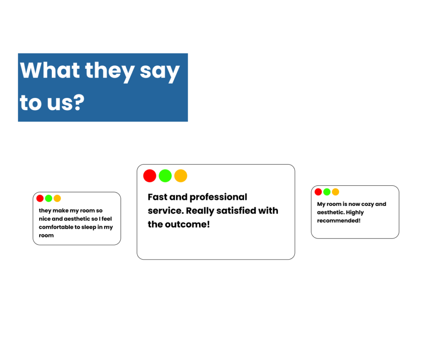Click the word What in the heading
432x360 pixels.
(50, 70)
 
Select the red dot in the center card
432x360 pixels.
(150, 176)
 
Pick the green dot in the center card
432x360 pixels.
(165, 176)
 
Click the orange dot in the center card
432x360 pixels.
(181, 176)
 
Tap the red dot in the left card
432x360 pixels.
(40, 198)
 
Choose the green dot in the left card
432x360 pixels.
(49, 198)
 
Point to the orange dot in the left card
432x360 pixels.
(57, 198)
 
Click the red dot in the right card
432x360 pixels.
(318, 192)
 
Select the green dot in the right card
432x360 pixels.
(327, 192)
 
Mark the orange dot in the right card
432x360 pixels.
(335, 192)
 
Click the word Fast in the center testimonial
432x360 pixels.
(158, 197)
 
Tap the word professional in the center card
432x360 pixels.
(219, 198)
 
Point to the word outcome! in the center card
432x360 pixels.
(187, 225)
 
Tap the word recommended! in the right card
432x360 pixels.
(339, 221)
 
